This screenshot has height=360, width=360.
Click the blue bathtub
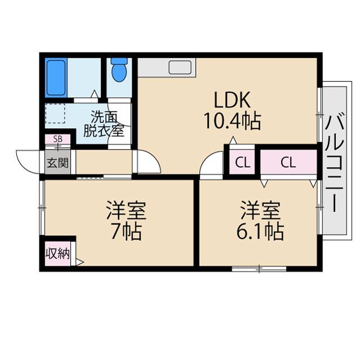pyautogui.click(x=56, y=78)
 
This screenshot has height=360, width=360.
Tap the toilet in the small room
pyautogui.click(x=119, y=71)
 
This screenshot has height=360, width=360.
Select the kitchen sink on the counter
pyautogui.click(x=181, y=68)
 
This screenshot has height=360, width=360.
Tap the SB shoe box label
pyautogui.click(x=58, y=139)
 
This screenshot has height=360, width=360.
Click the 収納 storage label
pyautogui.click(x=57, y=254)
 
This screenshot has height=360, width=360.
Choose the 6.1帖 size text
pyautogui.click(x=259, y=231)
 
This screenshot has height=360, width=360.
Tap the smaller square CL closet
pyautogui.click(x=242, y=163)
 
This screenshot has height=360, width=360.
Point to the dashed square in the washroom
pyautogui.click(x=56, y=112)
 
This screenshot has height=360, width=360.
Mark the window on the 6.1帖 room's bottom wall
pyautogui.click(x=259, y=269)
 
